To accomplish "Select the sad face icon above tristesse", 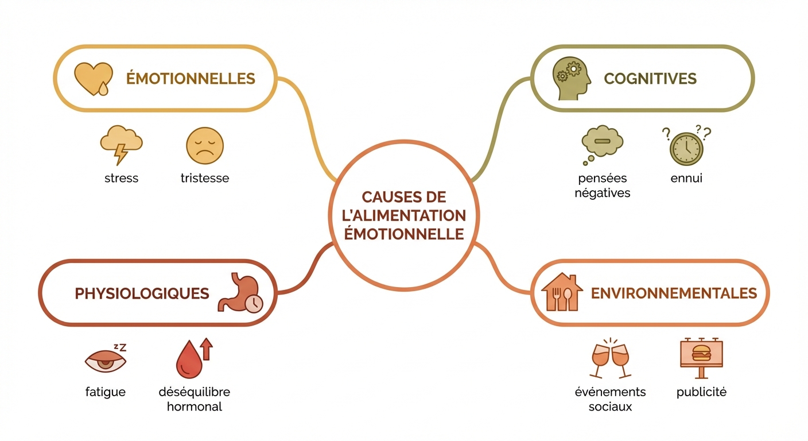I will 205,146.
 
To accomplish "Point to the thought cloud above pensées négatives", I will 601,144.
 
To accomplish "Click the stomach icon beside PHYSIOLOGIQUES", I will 239,293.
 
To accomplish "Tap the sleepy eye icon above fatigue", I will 105,359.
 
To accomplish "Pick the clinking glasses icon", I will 610,358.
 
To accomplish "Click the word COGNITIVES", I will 650,79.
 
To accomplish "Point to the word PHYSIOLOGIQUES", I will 142,293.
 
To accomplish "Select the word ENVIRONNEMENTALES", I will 674,293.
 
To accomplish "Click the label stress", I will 121,178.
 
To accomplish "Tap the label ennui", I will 686,178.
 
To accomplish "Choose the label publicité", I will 701,392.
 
